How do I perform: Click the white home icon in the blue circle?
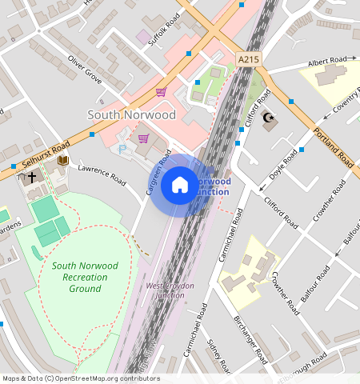pos(180,186)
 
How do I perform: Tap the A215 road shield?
pos(248,59)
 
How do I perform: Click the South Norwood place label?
pos(131,114)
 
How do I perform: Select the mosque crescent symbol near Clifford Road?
pos(270,121)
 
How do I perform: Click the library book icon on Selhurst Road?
pos(62,161)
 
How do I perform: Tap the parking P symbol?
pos(122,150)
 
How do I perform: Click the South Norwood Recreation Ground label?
pos(85,277)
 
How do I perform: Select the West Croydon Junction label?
pos(165,290)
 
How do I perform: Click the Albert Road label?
pos(328,61)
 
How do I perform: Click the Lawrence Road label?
pos(102,174)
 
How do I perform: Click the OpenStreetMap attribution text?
pos(80,378)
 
